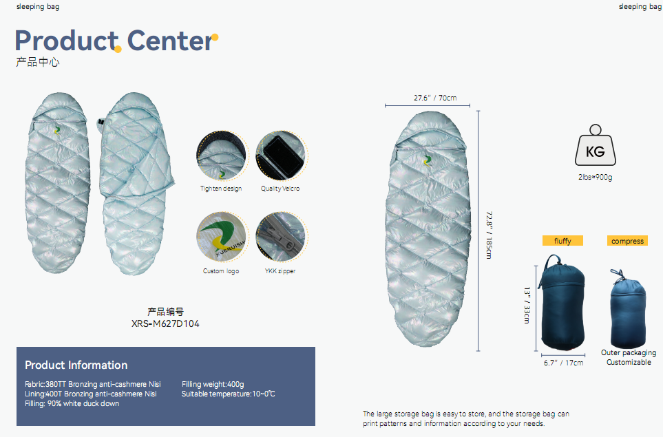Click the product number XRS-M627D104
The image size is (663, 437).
(165, 323)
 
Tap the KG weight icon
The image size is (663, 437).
(596, 145)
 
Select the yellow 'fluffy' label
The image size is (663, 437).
(562, 241)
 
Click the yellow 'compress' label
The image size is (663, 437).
(627, 241)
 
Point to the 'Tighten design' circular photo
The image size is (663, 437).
(221, 156)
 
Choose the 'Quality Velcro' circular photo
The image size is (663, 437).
(281, 156)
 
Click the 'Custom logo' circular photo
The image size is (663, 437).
(221, 237)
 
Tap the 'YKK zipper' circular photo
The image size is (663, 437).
(281, 237)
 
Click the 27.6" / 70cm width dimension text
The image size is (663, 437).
(435, 98)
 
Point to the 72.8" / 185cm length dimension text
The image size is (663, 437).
(490, 235)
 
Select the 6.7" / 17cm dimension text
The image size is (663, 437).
(564, 363)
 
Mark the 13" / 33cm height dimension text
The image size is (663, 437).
(527, 306)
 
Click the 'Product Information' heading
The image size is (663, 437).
(76, 365)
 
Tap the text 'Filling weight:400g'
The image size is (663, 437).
(213, 384)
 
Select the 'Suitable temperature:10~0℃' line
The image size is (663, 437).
(229, 394)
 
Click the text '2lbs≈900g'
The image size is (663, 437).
(596, 177)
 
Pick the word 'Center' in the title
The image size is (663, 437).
(169, 41)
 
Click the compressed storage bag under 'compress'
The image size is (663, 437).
(628, 308)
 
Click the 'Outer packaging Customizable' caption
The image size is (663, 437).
(629, 357)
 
